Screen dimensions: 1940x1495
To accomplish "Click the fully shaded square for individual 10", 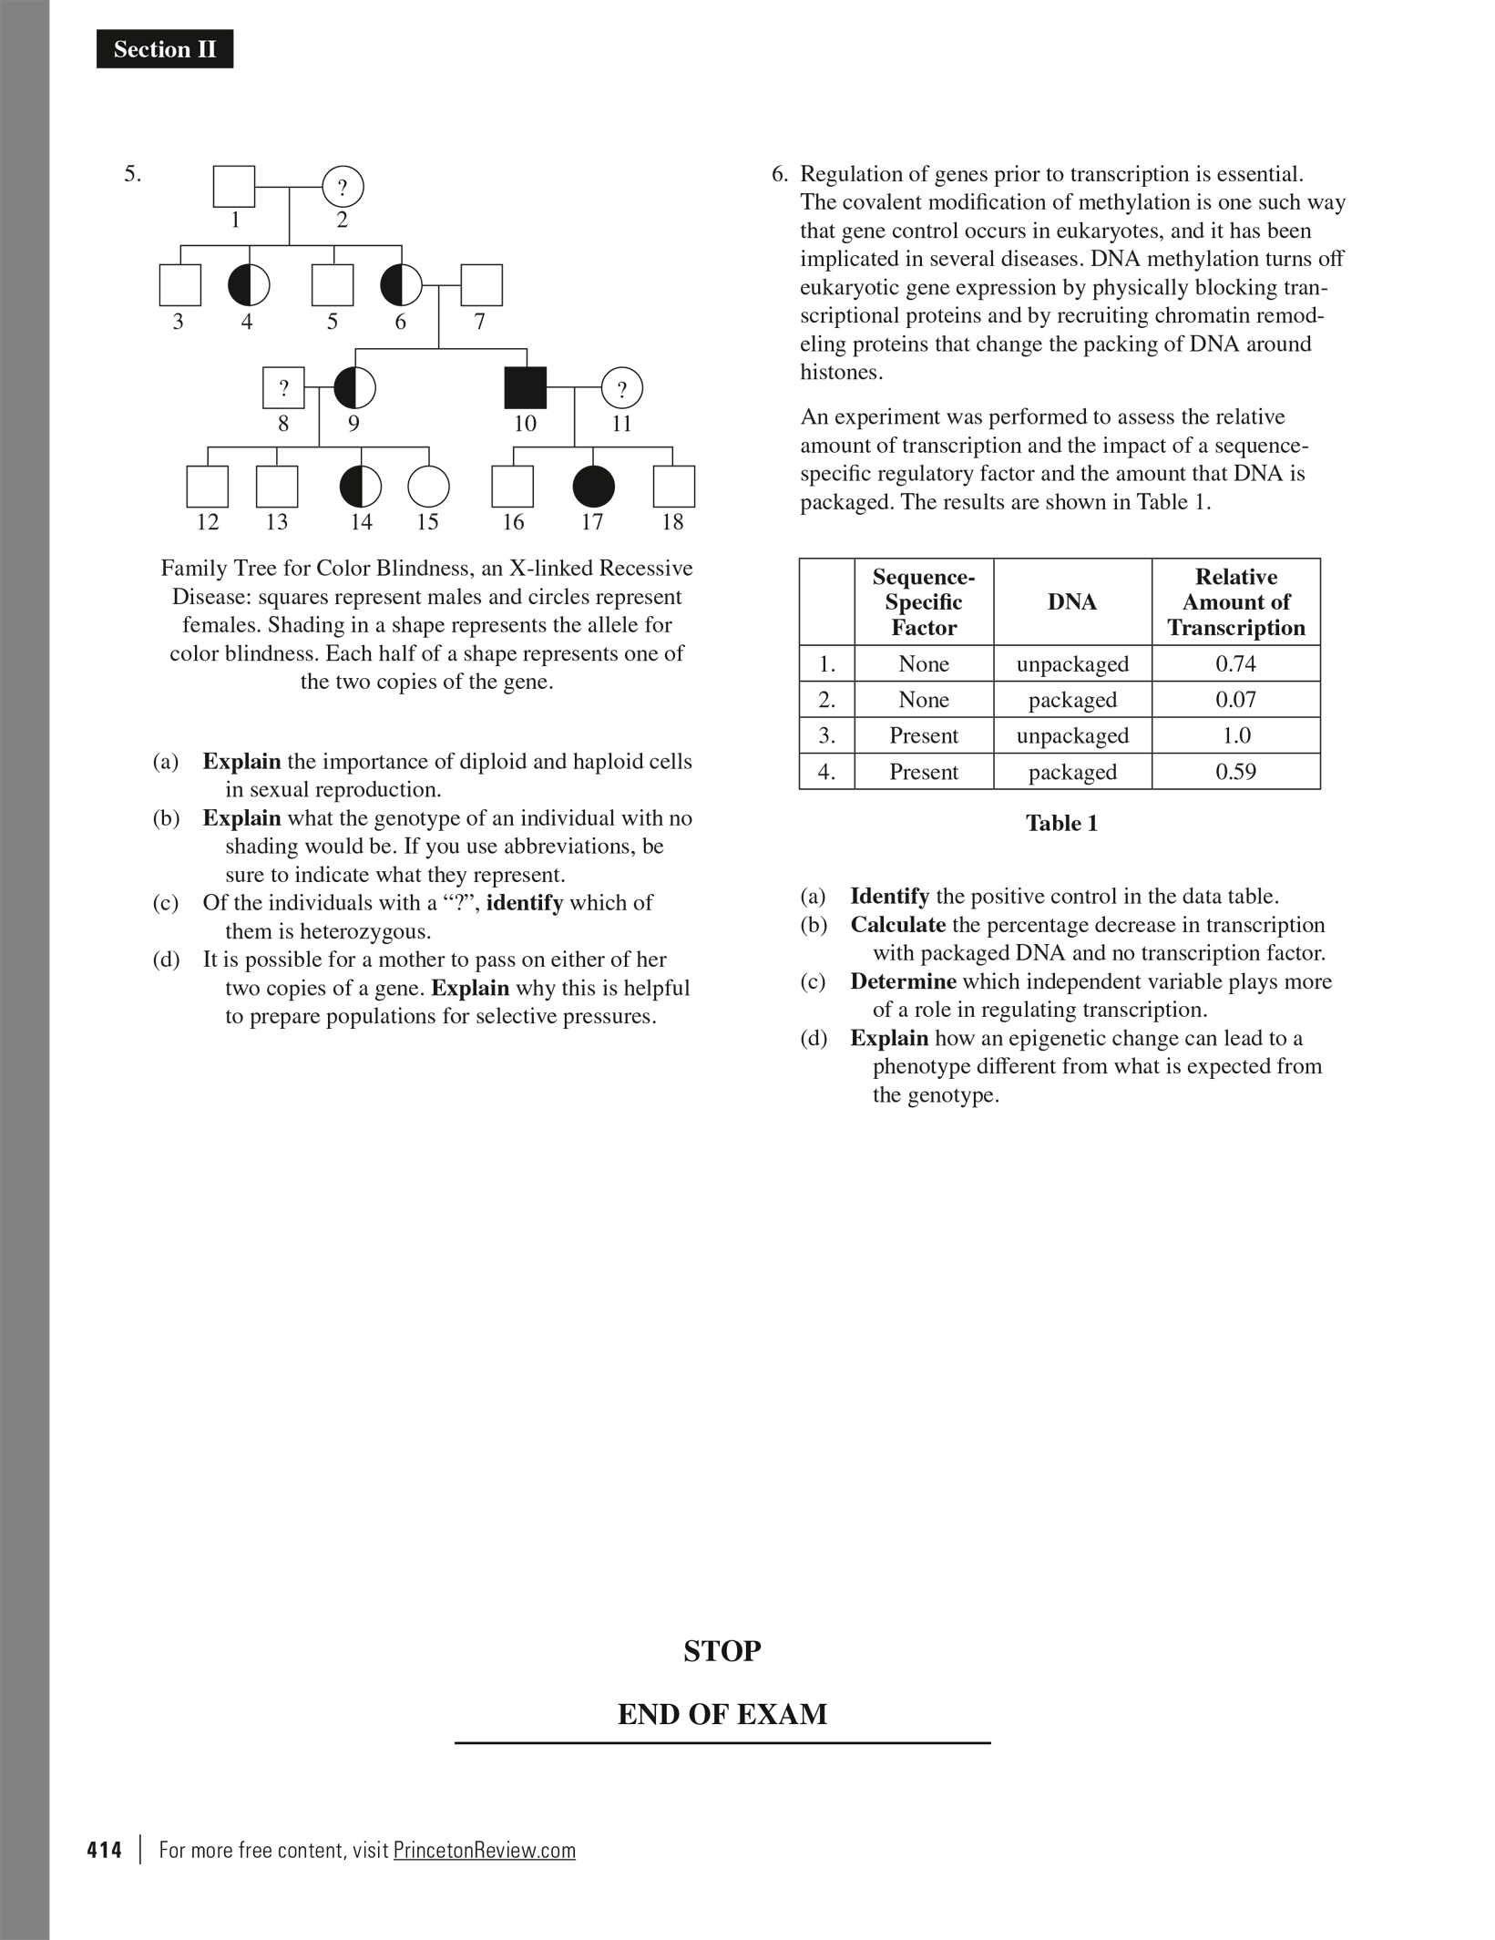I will pyautogui.click(x=526, y=387).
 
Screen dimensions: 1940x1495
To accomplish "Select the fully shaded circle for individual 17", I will pyautogui.click(x=593, y=487).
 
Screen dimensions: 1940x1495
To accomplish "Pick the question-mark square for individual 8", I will pyautogui.click(x=283, y=388).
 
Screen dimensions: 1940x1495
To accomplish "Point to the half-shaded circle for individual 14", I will pyautogui.click(x=361, y=487).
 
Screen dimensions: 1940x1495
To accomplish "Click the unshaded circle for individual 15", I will pyautogui.click(x=428, y=487).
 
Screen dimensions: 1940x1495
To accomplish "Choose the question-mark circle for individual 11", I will pyautogui.click(x=622, y=389).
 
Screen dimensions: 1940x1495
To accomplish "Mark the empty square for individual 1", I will pyautogui.click(x=234, y=186).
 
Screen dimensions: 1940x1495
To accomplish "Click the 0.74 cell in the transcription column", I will pyautogui.click(x=1235, y=664).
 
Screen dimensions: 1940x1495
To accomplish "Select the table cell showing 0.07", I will pyautogui.click(x=1235, y=700).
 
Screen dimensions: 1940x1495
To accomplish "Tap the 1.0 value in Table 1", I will pyautogui.click(x=1235, y=735).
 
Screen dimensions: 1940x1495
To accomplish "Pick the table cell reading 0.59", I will pyautogui.click(x=1235, y=772).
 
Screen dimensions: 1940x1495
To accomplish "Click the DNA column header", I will pyautogui.click(x=1072, y=602).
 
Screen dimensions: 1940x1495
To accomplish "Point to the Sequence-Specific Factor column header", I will pyautogui.click(x=924, y=602).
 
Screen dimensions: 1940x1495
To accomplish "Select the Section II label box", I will pyautogui.click(x=165, y=49).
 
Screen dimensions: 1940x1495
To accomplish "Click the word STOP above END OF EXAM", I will pyautogui.click(x=722, y=1650).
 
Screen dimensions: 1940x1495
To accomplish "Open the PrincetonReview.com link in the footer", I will pyautogui.click(x=485, y=1850).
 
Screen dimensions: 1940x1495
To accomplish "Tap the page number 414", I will pyautogui.click(x=104, y=1850).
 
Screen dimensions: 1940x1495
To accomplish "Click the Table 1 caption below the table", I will pyautogui.click(x=1061, y=824).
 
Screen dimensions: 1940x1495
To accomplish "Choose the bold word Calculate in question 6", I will pyautogui.click(x=897, y=925).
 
